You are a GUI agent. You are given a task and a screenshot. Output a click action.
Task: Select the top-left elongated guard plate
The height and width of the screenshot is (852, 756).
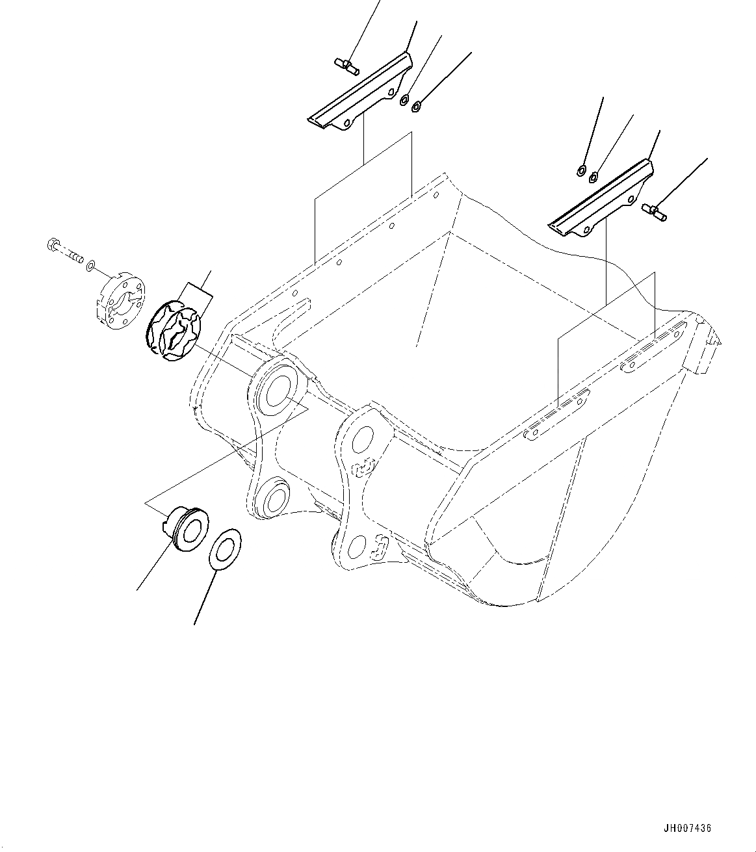coord(361,97)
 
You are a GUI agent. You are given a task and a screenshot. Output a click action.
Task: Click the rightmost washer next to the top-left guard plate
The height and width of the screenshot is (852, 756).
coord(417,104)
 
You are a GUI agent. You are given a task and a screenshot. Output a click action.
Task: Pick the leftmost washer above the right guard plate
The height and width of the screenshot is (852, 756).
coord(580,171)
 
